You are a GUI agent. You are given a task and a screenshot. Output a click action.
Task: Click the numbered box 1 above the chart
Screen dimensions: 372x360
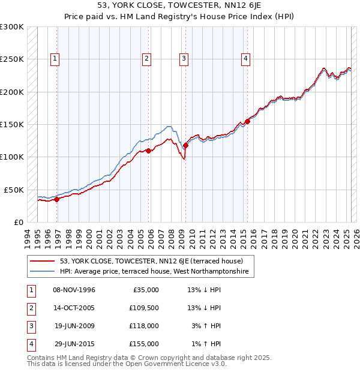[55, 59]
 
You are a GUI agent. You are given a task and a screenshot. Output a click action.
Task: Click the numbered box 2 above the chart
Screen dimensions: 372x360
[146, 59]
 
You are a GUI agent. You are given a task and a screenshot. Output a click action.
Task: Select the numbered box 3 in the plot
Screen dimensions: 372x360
[183, 59]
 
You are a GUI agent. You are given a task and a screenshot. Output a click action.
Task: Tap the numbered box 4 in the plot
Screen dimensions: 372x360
[245, 59]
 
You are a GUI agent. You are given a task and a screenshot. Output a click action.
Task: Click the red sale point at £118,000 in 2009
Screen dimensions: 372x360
[185, 145]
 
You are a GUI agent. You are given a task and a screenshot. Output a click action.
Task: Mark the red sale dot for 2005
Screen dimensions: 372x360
[148, 151]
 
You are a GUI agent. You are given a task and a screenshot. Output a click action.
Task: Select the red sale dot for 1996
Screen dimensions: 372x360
[57, 199]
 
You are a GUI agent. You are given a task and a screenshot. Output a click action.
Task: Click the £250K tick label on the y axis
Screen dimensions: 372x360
[12, 59]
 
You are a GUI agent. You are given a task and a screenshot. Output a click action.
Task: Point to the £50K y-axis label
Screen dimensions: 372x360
[14, 190]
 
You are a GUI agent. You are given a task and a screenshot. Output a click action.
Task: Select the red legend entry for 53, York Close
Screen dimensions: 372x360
[151, 261]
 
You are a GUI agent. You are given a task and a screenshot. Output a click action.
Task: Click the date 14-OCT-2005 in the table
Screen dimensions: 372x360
[74, 308]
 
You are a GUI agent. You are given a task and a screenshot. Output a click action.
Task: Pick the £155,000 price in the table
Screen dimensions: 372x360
[144, 344]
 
